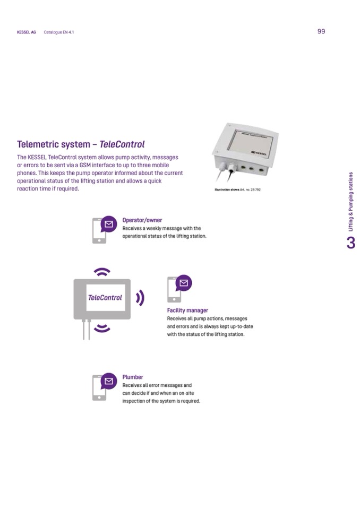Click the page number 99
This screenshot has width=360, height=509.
coord(321,31)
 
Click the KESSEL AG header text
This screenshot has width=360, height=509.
coord(27,32)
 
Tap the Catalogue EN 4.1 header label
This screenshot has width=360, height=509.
coord(59,32)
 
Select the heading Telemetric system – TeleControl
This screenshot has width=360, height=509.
coord(81,144)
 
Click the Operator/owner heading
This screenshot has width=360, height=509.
coord(142,220)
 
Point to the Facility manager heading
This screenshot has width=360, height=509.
coord(187,310)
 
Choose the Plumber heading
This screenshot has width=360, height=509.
coord(133,377)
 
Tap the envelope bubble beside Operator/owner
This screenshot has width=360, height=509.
coord(109,224)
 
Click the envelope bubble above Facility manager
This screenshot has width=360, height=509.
coord(184,283)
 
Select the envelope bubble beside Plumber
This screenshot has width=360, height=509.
coord(109,381)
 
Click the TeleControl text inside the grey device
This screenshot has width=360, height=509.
coord(105,298)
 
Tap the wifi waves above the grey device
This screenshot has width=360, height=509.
coord(102,272)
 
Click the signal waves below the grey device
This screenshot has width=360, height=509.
coord(102,328)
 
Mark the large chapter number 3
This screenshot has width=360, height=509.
coord(351,243)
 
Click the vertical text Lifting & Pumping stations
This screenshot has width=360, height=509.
coord(350,202)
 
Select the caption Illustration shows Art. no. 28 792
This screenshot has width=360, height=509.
coord(238,189)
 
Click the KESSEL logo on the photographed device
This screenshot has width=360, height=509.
coord(259,152)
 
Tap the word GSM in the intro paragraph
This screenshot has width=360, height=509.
coord(85,165)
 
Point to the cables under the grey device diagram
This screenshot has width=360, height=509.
coord(87,329)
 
